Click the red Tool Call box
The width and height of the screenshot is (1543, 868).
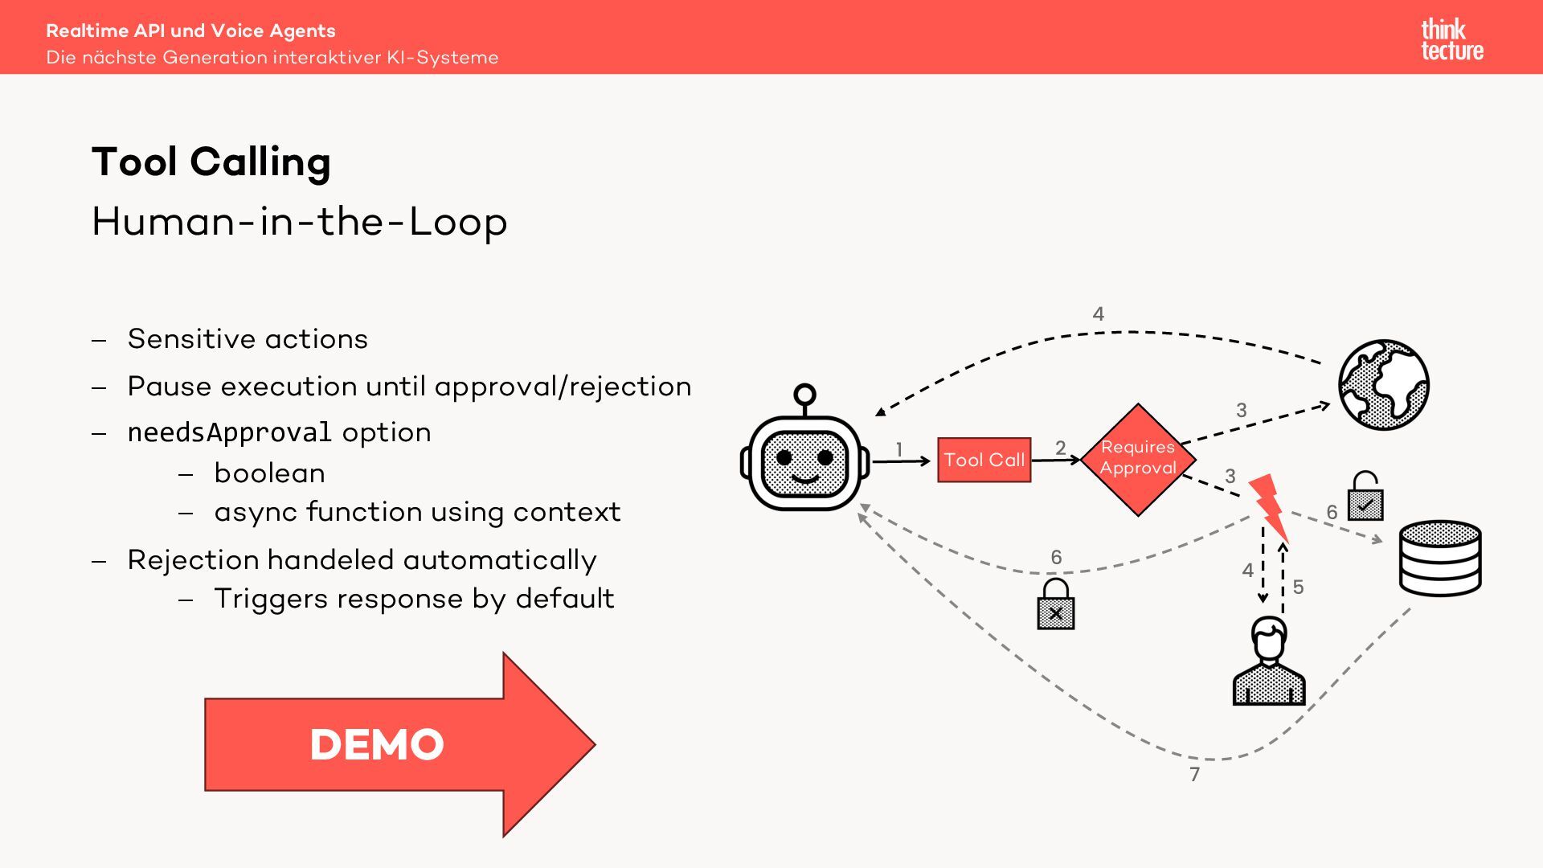pyautogui.click(x=984, y=460)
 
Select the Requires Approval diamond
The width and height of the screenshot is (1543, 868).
pyautogui.click(x=1138, y=459)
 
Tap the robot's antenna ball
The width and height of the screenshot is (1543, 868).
pyautogui.click(x=804, y=395)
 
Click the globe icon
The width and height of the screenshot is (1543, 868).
pyautogui.click(x=1383, y=384)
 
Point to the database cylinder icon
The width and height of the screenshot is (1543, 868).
pyautogui.click(x=1440, y=558)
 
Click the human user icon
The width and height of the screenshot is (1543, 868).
pyautogui.click(x=1268, y=662)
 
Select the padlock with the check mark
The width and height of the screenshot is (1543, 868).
pyautogui.click(x=1365, y=497)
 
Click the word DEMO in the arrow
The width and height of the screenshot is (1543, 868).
pyautogui.click(x=377, y=744)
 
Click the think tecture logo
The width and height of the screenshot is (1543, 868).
pyautogui.click(x=1451, y=40)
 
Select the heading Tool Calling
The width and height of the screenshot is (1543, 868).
pyautogui.click(x=211, y=162)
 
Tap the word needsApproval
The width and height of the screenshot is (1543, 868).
pyautogui.click(x=229, y=432)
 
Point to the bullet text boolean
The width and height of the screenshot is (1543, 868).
pyautogui.click(x=270, y=473)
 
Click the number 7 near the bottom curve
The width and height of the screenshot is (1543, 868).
pyautogui.click(x=1194, y=774)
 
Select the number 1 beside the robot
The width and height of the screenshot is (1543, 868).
pyautogui.click(x=899, y=449)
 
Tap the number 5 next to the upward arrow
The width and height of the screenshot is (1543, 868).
pyautogui.click(x=1298, y=587)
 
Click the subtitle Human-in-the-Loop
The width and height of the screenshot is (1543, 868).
pyautogui.click(x=299, y=221)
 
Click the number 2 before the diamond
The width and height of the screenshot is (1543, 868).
pyautogui.click(x=1060, y=448)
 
